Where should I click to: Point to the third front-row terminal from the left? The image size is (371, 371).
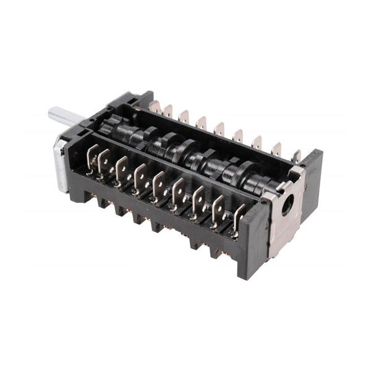point(121,171)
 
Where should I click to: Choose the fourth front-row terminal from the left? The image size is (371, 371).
point(140,179)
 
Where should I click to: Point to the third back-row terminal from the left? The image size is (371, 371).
point(184,116)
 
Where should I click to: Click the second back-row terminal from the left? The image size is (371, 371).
point(167,111)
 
